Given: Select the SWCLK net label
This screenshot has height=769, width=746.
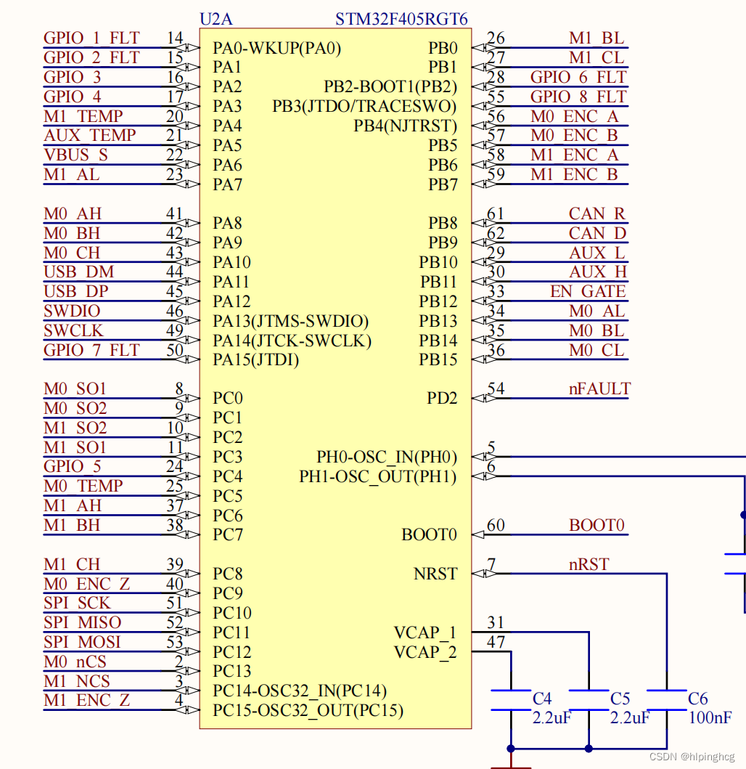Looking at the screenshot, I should pyautogui.click(x=73, y=331).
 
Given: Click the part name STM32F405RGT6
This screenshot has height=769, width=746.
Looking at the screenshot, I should pyautogui.click(x=401, y=19).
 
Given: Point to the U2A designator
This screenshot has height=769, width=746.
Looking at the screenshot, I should pyautogui.click(x=216, y=19).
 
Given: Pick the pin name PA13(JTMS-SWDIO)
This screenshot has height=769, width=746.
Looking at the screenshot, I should pyautogui.click(x=290, y=321).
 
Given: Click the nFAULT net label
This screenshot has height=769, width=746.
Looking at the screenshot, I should pyautogui.click(x=599, y=389).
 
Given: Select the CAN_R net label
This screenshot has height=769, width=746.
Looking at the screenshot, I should pyautogui.click(x=597, y=214).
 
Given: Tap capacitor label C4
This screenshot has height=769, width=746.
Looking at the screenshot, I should pyautogui.click(x=542, y=699).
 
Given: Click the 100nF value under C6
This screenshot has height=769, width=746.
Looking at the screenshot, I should pyautogui.click(x=710, y=717).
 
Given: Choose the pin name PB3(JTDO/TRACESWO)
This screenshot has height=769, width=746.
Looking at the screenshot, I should pyautogui.click(x=365, y=107).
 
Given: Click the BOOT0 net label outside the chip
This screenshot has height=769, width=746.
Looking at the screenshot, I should pyautogui.click(x=597, y=525).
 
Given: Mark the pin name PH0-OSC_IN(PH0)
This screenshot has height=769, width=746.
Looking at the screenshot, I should pyautogui.click(x=387, y=457).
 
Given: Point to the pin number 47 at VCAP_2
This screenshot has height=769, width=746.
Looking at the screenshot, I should pyautogui.click(x=496, y=642).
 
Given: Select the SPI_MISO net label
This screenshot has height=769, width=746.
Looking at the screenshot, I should pyautogui.click(x=82, y=623).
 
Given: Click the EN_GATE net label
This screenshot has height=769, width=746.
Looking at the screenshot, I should pyautogui.click(x=588, y=292).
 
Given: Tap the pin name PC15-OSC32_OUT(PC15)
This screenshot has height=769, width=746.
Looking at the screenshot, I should pyautogui.click(x=308, y=710).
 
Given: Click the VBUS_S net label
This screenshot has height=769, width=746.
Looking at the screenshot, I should pyautogui.click(x=75, y=155).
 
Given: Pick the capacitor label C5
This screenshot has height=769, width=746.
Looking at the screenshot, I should pyautogui.click(x=620, y=699).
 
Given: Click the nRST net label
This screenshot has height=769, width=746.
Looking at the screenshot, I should pyautogui.click(x=589, y=564).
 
